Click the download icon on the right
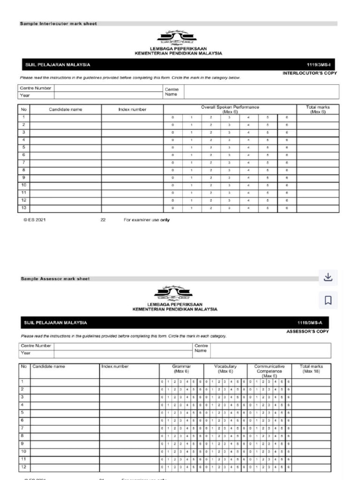point(328,277)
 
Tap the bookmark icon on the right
point(328,300)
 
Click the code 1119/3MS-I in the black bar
point(321,65)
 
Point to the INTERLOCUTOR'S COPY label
point(309,73)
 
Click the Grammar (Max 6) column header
point(181,369)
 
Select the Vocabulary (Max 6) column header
point(225,369)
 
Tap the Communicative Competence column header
point(269,371)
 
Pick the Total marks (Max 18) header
point(311,369)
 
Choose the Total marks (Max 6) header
point(318,109)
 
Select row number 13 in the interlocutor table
point(24,207)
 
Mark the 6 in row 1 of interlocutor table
point(286,117)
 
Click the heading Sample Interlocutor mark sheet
point(58,23)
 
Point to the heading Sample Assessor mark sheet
point(55,278)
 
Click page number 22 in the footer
point(103,219)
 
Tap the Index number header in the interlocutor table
point(132,110)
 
